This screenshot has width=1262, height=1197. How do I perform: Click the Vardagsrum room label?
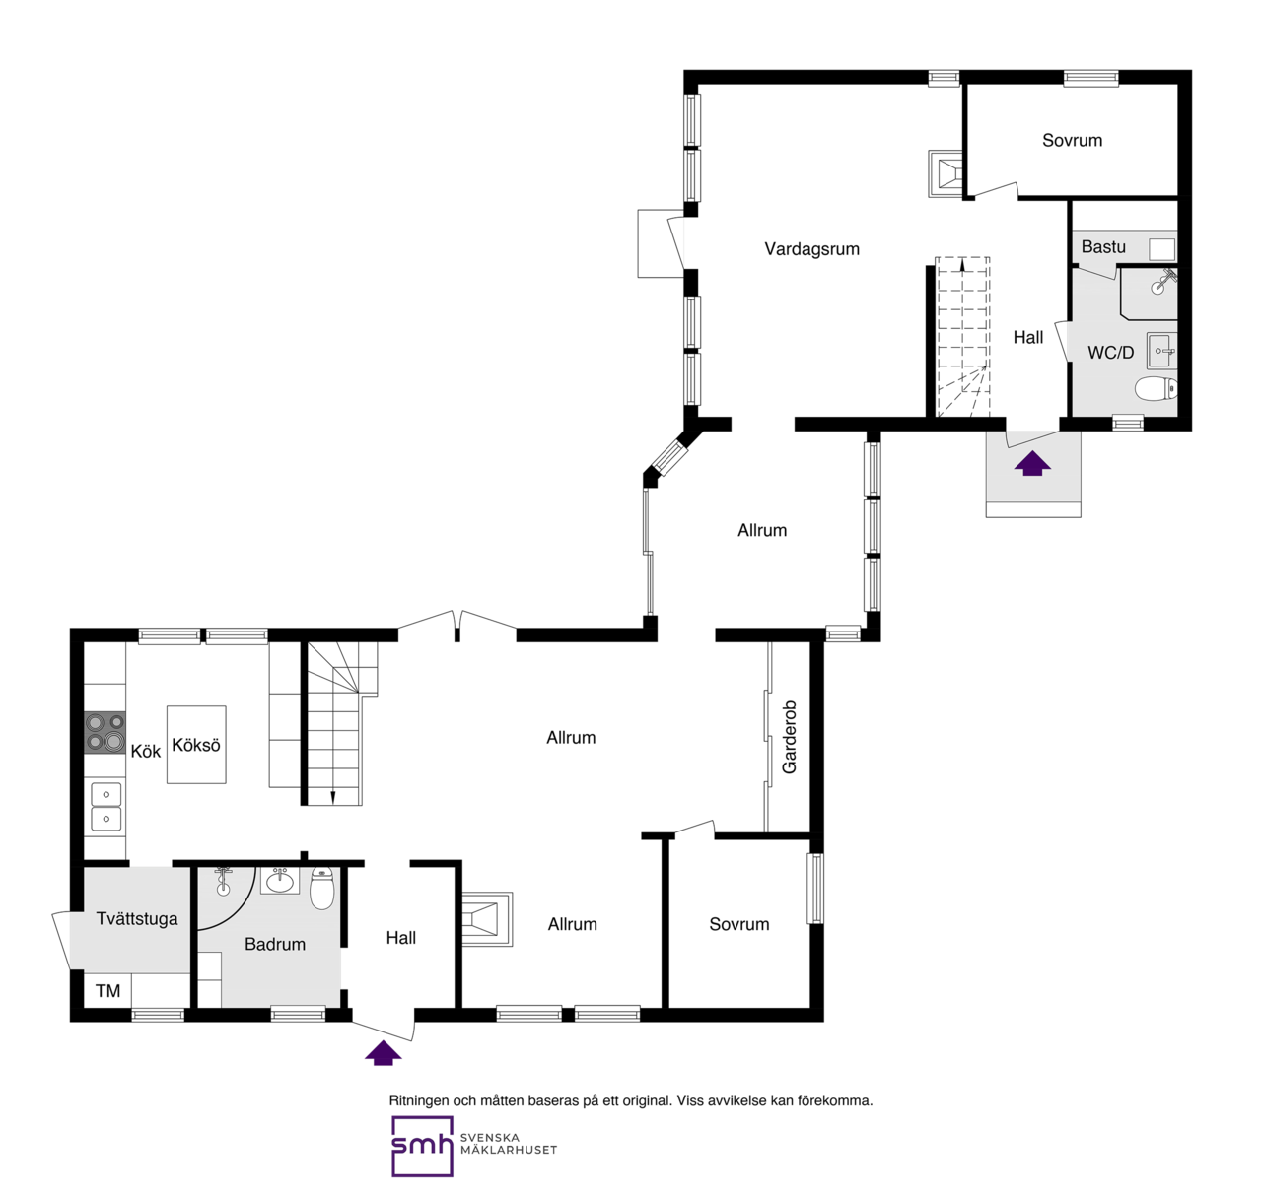coord(811,249)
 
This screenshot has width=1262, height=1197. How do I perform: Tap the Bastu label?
coord(1103,247)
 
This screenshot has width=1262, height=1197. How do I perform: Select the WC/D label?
coord(1110,352)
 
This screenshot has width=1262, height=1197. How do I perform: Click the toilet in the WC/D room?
coord(1157,389)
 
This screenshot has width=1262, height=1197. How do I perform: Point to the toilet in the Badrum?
coord(321,889)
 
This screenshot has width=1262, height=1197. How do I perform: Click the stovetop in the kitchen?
coord(105,732)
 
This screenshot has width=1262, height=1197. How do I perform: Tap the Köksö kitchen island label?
coord(196,745)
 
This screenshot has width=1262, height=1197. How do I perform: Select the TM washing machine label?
coord(107,991)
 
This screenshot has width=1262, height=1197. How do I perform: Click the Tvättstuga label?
coord(137,918)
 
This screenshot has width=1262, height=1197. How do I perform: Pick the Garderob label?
coord(789,737)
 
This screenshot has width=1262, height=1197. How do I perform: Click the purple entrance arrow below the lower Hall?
coord(384,1053)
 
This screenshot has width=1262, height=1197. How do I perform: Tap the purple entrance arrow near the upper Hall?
coord(1032,463)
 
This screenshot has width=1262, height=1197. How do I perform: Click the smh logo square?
coord(422,1147)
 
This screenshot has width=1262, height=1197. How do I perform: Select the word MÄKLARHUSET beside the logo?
coord(509,1150)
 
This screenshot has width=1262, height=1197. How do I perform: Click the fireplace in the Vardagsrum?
coord(945,173)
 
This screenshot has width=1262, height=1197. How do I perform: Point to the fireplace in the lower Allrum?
coord(487,918)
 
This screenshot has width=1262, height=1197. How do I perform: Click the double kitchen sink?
coord(105,806)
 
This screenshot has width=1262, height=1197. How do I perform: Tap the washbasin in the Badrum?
coord(280,880)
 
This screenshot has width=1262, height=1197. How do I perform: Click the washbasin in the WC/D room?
coord(1162,351)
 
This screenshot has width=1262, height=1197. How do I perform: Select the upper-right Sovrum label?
coord(1072,140)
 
